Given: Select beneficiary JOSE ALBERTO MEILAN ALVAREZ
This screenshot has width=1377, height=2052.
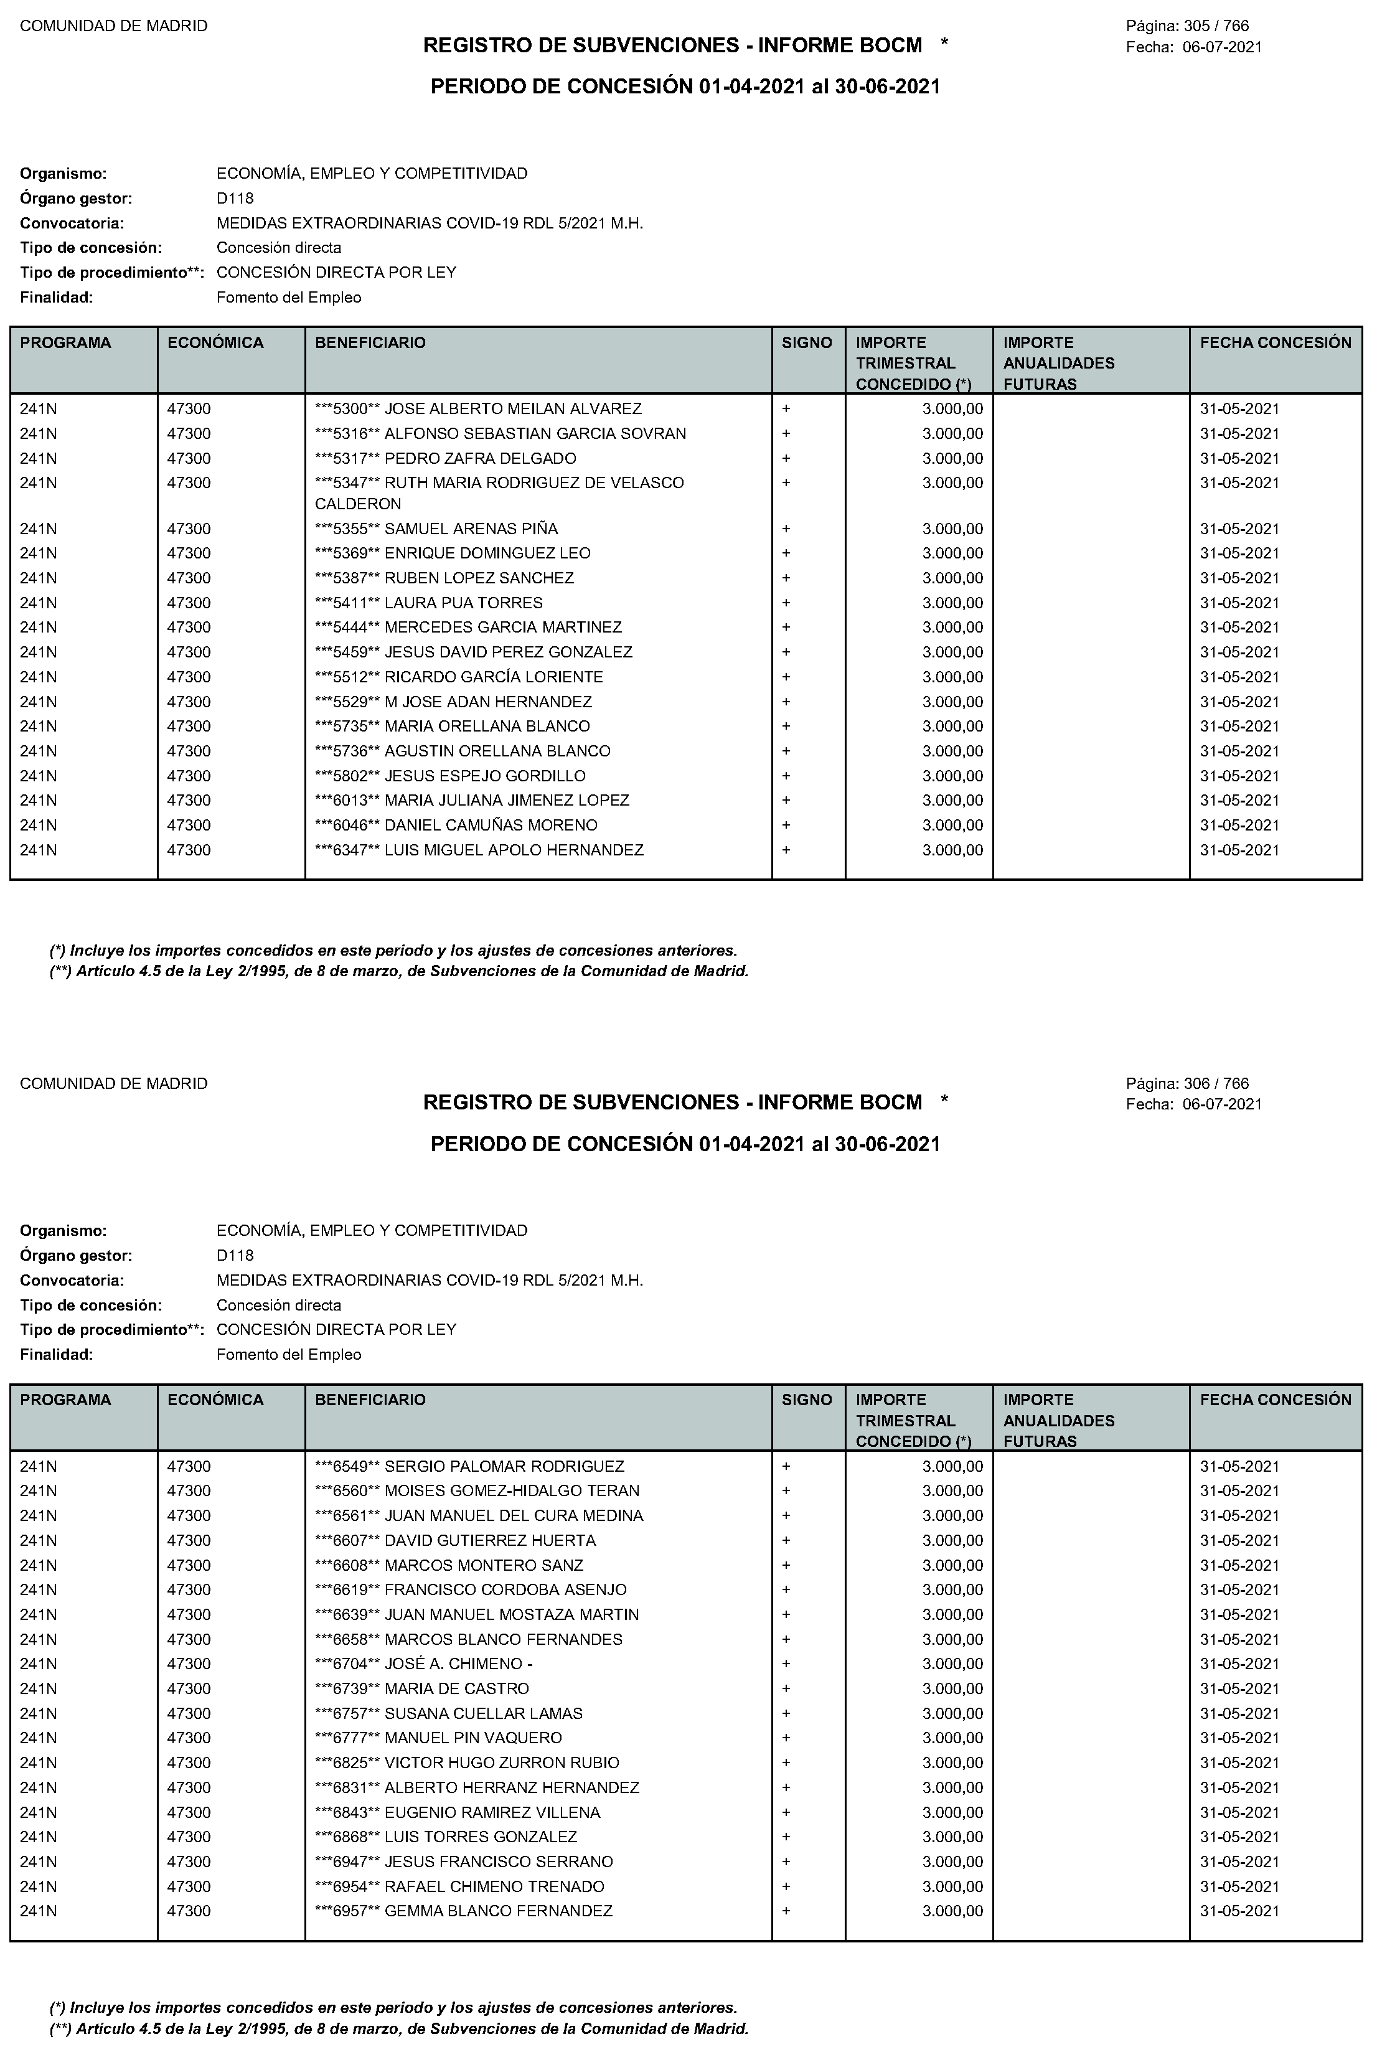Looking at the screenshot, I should click(x=513, y=408).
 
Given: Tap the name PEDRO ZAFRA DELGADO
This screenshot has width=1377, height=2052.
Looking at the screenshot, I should click(x=481, y=458).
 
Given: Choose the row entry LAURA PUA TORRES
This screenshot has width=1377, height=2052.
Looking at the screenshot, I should click(x=464, y=603).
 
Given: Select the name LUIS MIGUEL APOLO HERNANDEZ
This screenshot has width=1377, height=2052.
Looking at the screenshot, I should click(x=514, y=850).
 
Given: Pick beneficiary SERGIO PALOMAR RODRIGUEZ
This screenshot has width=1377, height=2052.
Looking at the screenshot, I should click(x=504, y=1466).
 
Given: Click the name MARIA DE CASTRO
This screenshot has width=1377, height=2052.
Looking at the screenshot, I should click(x=457, y=1688).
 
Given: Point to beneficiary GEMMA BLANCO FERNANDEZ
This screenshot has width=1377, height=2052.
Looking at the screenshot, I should click(x=498, y=1911).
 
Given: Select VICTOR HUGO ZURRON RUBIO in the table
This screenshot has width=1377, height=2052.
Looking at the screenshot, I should click(x=502, y=1763).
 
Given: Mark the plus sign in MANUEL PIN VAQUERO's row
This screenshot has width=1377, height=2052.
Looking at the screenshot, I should click(x=786, y=1738).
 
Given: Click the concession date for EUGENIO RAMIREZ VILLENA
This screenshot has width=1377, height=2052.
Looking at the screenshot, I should click(x=1239, y=1812).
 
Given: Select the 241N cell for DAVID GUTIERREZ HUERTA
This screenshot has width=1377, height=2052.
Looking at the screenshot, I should click(x=39, y=1540).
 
